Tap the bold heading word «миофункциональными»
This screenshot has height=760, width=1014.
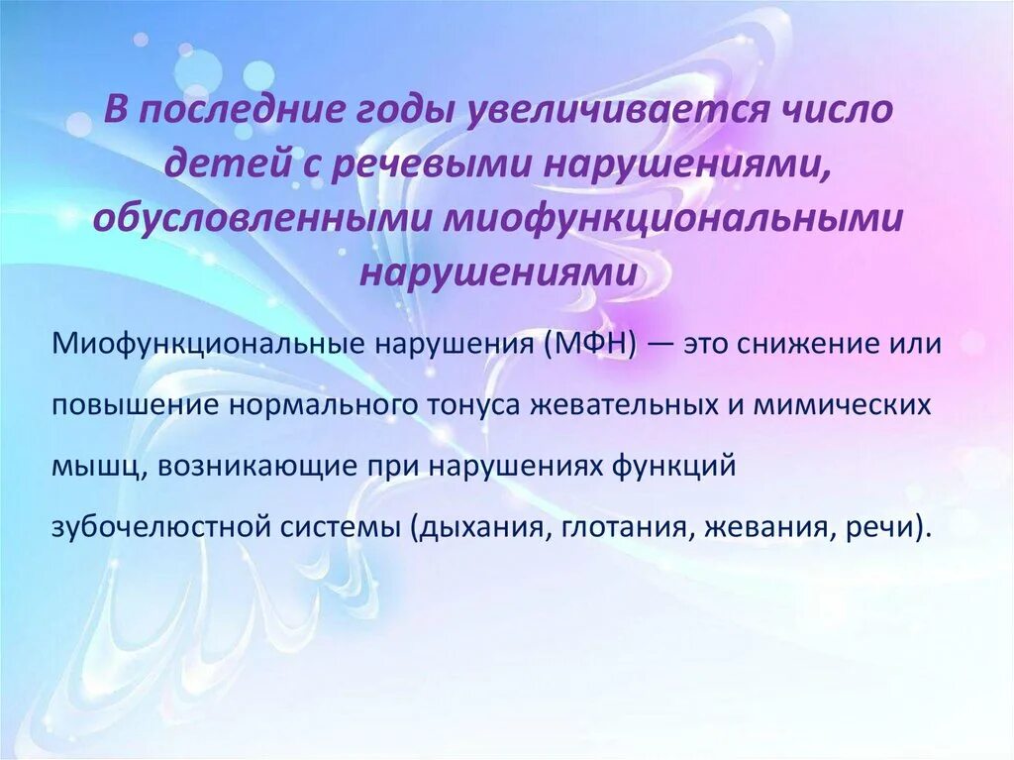click(x=675, y=218)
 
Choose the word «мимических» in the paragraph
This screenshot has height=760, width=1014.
click(x=859, y=405)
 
